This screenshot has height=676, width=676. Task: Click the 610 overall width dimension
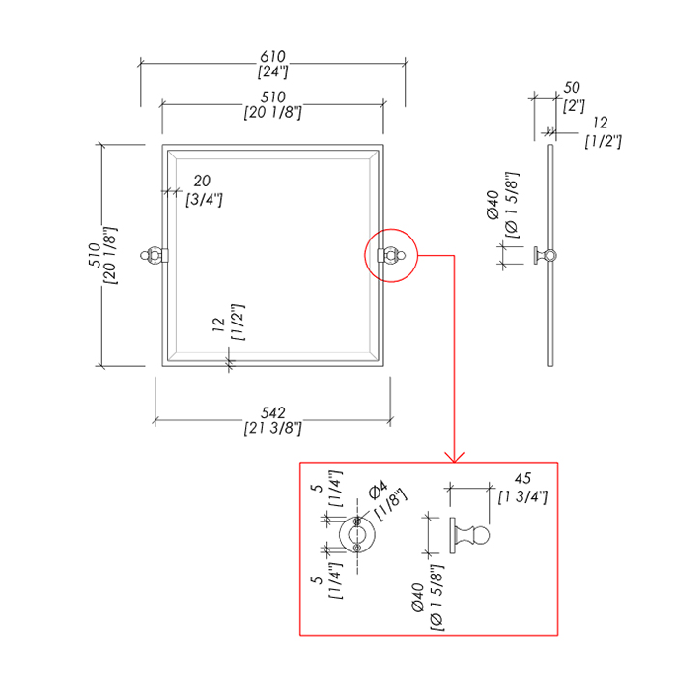[273, 57]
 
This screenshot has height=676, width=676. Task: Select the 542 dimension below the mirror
[273, 413]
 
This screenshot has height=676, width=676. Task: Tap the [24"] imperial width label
[273, 72]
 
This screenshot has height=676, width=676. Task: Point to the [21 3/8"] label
[273, 429]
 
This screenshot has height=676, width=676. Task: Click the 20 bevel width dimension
[203, 181]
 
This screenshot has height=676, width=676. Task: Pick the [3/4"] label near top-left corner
[205, 199]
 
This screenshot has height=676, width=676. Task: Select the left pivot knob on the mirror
[153, 256]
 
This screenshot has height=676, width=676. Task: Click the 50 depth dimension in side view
[573, 89]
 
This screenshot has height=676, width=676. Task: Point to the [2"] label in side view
[575, 106]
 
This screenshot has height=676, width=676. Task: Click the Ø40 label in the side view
[493, 205]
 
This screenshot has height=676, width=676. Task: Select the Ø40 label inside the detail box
[417, 596]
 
